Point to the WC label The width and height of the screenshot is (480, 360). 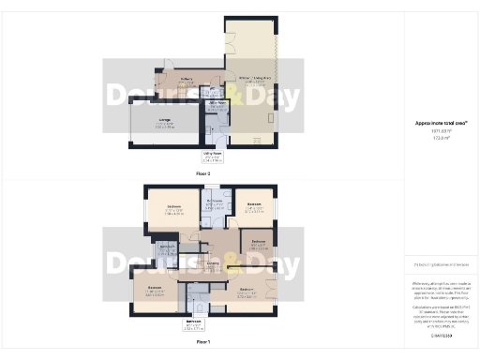click(x=215, y=90)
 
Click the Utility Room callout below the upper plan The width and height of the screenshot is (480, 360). click(x=213, y=157)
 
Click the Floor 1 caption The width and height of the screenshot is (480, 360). click(x=203, y=343)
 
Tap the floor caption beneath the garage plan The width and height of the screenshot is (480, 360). click(x=203, y=174)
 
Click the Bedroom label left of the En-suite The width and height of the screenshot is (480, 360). click(x=173, y=206)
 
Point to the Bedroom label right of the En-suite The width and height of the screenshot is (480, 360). click(x=254, y=205)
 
